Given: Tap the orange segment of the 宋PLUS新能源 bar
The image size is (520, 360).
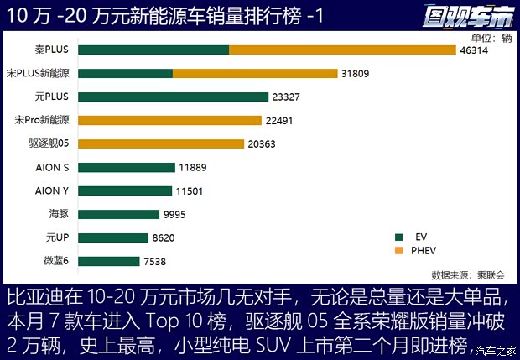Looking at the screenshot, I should (255, 74).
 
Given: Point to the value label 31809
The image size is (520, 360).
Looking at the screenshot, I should (356, 74).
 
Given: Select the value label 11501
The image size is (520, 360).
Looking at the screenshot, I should (190, 191).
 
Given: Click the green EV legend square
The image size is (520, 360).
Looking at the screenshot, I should (399, 237).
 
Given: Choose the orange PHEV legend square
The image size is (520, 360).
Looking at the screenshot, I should (399, 250).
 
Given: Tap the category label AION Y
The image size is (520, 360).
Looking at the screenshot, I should (53, 191).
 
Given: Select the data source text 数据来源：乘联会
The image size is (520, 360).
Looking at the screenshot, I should (468, 274).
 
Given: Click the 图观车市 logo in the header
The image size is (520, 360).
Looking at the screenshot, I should (469, 14).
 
